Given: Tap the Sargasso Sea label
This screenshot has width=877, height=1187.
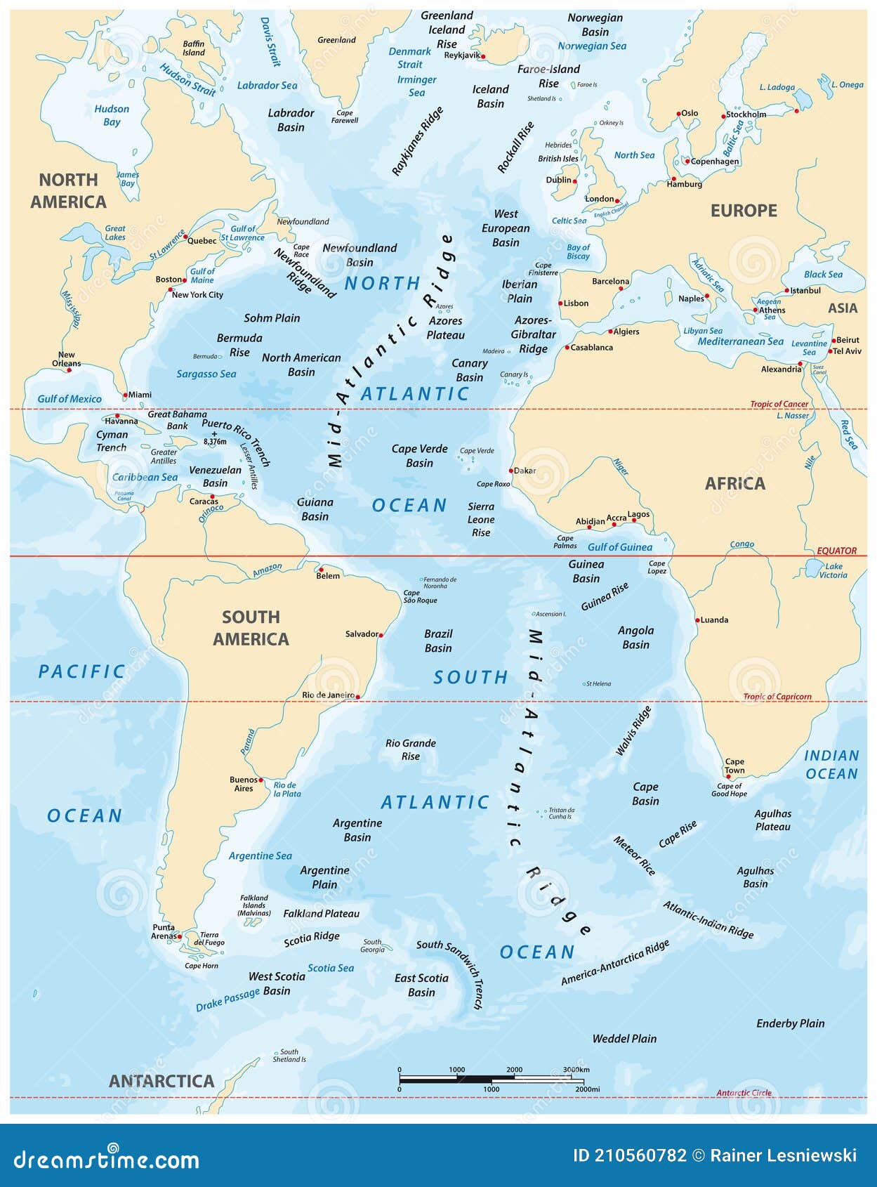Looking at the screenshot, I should pyautogui.click(x=206, y=374).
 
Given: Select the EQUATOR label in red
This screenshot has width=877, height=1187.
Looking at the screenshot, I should pyautogui.click(x=836, y=551).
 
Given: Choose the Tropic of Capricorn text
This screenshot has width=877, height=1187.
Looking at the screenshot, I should pyautogui.click(x=777, y=697).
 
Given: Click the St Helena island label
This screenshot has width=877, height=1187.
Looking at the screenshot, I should pyautogui.click(x=598, y=683).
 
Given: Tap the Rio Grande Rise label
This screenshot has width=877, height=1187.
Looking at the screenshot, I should pyautogui.click(x=411, y=749).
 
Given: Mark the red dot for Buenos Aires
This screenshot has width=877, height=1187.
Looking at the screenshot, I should pyautogui.click(x=261, y=780).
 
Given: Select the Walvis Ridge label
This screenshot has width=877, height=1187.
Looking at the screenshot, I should pyautogui.click(x=633, y=730).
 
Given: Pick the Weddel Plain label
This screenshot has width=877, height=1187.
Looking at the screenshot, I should pyautogui.click(x=624, y=1038).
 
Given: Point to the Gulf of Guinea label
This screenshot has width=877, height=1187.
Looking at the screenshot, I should pyautogui.click(x=619, y=546).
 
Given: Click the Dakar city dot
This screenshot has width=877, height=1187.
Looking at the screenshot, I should pyautogui.click(x=511, y=471).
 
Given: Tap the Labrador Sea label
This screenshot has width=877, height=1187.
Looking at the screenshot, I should pyautogui.click(x=267, y=85).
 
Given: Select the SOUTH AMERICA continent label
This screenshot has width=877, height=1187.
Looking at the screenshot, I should pyautogui.click(x=251, y=628).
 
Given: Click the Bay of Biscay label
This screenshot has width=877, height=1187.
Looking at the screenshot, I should pyautogui.click(x=578, y=251).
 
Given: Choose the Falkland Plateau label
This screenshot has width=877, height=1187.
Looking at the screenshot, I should pyautogui.click(x=321, y=914).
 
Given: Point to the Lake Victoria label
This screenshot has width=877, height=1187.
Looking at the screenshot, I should pyautogui.click(x=833, y=570).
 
